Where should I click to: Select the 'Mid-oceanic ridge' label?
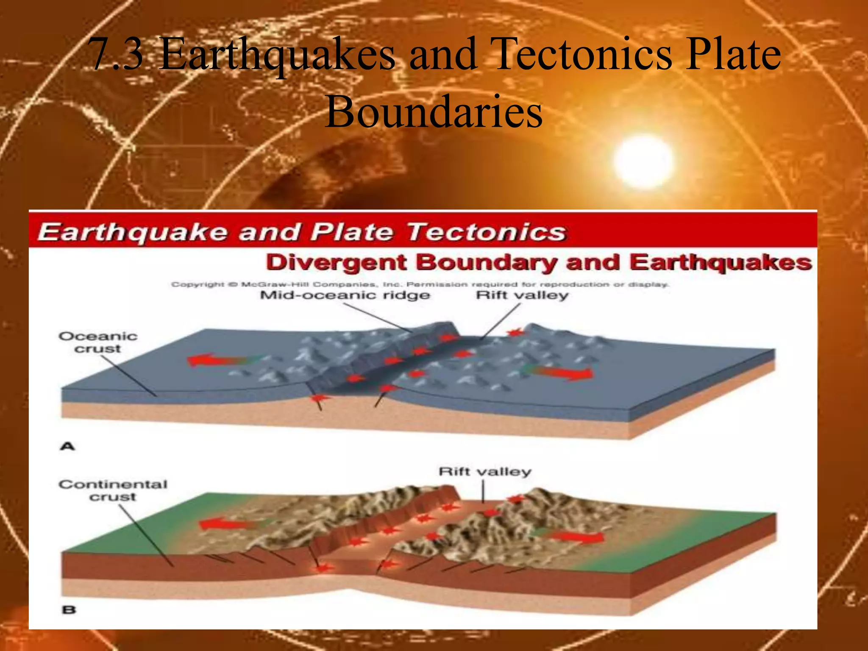[345, 295]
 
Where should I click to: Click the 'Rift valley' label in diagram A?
[522, 295]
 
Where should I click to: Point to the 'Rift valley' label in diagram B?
[484, 471]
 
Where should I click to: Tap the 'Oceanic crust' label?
[98, 342]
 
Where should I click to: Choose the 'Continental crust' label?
[113, 490]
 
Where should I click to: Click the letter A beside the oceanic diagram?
[68, 446]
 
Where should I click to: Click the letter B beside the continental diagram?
[69, 610]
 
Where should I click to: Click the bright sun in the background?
[643, 161]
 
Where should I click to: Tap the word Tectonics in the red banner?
[486, 232]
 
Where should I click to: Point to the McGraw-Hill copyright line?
[420, 284]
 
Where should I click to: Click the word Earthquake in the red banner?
[132, 232]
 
